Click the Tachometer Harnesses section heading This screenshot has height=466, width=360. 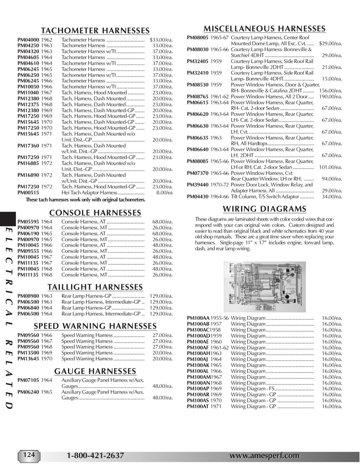coord(96,31)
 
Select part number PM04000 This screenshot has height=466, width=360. coord(28,40)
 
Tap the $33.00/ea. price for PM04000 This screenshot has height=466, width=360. coord(161,40)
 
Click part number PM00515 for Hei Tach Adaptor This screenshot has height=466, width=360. coord(28,193)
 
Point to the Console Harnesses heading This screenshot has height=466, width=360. coord(95,212)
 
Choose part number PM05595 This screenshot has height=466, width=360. coord(28,222)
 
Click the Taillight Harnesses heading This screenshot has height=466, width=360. coord(95,287)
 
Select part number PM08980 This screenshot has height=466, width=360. coord(28,296)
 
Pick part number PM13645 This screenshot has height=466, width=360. coord(28,359)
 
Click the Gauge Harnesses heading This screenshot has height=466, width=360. coord(95,371)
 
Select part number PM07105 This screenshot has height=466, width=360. coord(28,380)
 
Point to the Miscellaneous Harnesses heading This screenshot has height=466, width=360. coord(264,28)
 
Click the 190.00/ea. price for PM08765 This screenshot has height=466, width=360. coord(330,97)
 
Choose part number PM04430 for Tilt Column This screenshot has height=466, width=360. coord(198,196)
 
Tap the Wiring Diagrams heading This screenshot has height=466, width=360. coord(264,209)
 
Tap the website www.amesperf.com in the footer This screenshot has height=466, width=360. coord(264,456)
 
